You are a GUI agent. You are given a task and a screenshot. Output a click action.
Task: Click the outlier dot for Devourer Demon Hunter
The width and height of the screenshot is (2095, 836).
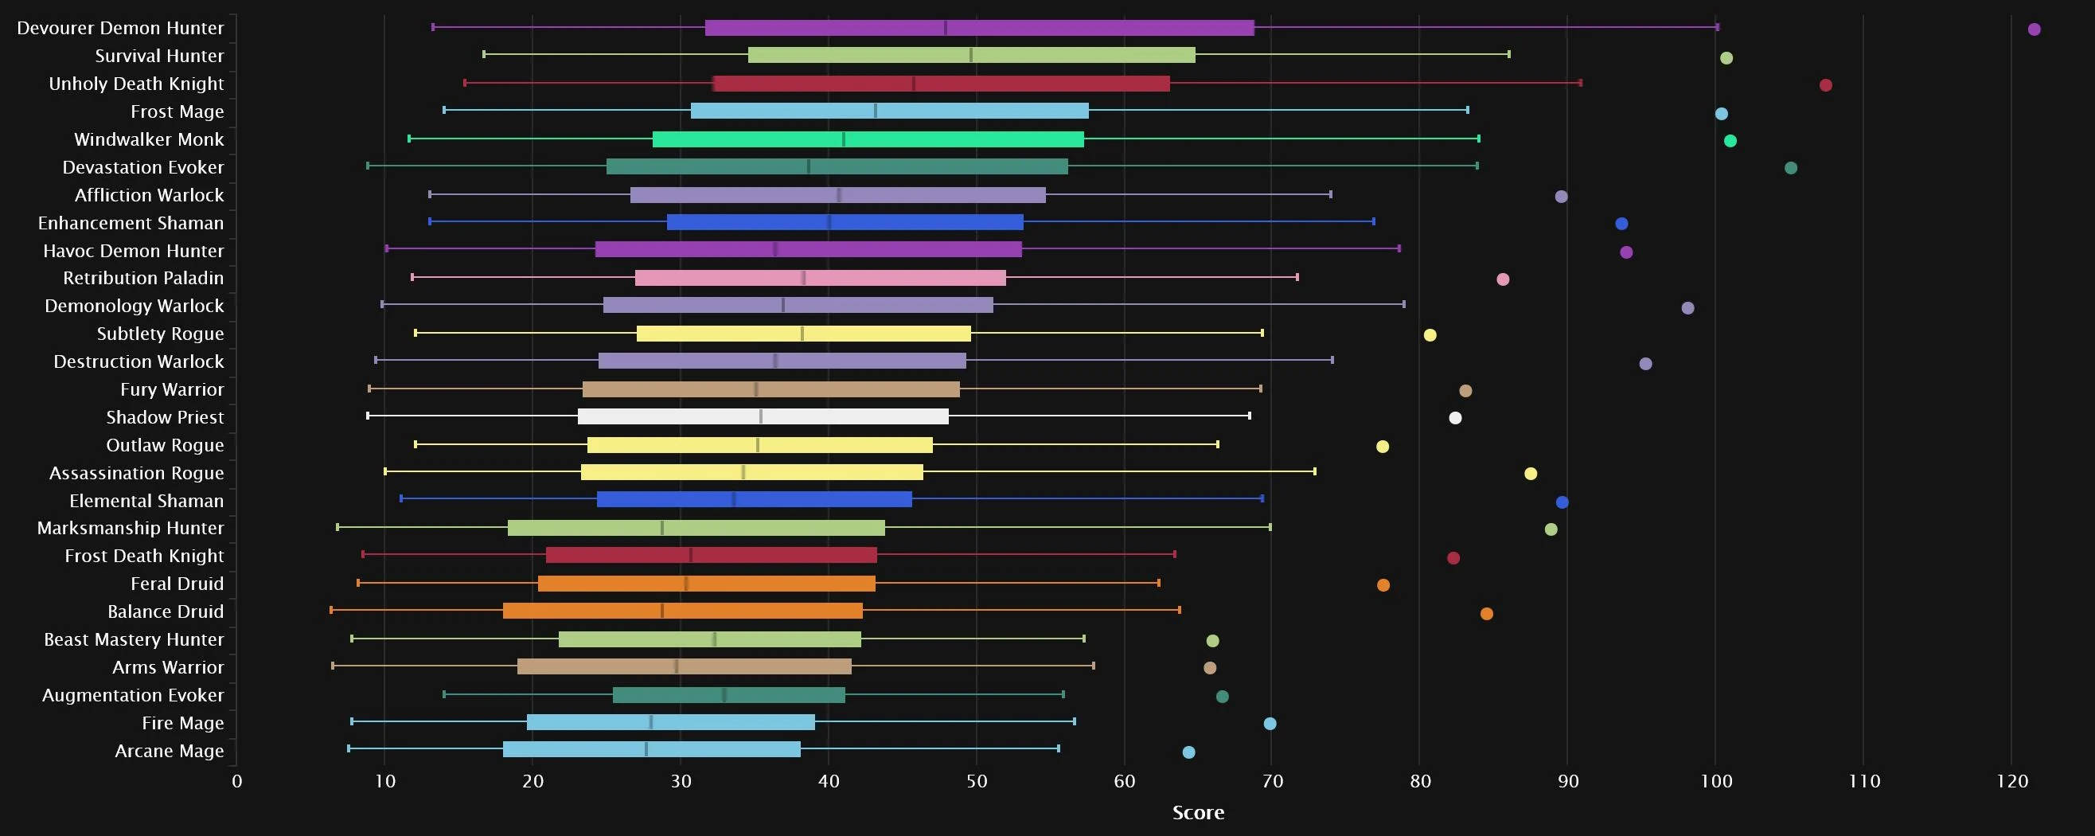tap(2034, 29)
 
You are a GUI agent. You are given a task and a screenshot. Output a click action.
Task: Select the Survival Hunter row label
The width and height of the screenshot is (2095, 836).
tap(158, 56)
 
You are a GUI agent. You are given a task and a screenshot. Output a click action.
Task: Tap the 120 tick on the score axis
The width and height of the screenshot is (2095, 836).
tap(2012, 782)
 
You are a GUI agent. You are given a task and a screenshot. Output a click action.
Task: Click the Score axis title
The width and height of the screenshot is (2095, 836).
tap(1198, 812)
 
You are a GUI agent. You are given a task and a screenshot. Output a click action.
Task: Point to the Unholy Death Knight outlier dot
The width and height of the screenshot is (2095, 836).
tap(1826, 85)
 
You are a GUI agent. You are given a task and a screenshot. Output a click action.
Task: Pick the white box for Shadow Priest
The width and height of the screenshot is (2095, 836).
tap(763, 416)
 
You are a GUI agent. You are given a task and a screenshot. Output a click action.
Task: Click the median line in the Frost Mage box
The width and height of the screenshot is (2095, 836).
tap(875, 111)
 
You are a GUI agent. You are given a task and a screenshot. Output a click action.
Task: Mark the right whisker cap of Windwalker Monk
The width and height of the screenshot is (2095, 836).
tap(1479, 139)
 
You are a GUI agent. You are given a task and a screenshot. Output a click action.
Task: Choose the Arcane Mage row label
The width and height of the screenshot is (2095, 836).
tap(170, 752)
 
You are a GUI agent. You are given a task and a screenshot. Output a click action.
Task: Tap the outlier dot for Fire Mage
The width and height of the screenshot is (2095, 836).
tap(1270, 724)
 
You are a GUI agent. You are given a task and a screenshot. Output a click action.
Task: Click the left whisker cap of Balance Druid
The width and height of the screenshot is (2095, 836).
tap(331, 610)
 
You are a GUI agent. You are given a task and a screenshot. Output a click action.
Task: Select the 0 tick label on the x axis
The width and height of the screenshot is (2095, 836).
tap(236, 782)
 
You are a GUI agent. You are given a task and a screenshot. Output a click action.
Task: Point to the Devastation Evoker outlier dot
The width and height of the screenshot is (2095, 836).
tap(1791, 168)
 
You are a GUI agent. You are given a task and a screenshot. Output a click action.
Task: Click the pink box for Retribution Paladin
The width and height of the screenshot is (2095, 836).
tap(820, 278)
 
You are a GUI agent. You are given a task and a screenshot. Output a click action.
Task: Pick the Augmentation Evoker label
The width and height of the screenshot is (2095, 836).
tap(133, 695)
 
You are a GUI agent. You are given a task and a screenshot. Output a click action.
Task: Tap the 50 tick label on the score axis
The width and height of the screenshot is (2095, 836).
tap(977, 782)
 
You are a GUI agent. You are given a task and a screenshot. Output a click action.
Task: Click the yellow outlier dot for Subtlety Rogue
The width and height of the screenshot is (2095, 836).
tap(1430, 335)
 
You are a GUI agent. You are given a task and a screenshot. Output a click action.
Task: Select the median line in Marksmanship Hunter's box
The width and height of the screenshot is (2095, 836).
tap(662, 528)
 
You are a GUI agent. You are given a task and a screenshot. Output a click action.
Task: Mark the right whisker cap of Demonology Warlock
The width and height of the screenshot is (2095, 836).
tap(1404, 305)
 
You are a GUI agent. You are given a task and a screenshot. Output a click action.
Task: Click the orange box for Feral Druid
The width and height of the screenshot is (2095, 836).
tap(706, 584)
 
